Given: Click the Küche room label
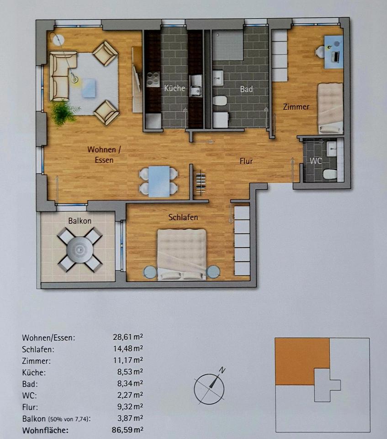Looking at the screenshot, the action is (175, 88).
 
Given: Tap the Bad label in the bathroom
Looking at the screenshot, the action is (246, 89).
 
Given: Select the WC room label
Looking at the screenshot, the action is (316, 161).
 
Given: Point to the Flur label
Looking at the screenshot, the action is (246, 161).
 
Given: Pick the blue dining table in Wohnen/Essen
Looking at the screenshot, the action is (159, 181).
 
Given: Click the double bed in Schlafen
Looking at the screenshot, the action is (182, 255).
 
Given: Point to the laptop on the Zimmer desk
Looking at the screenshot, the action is (335, 56).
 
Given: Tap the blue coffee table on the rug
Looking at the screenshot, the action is (90, 88).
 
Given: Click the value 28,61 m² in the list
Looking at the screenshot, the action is (128, 337).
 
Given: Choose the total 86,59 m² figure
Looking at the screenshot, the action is (127, 429).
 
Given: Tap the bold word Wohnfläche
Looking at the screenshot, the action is (45, 430).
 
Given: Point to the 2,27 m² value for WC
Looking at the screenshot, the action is (130, 395).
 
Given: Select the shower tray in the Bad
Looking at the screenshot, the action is (228, 45).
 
